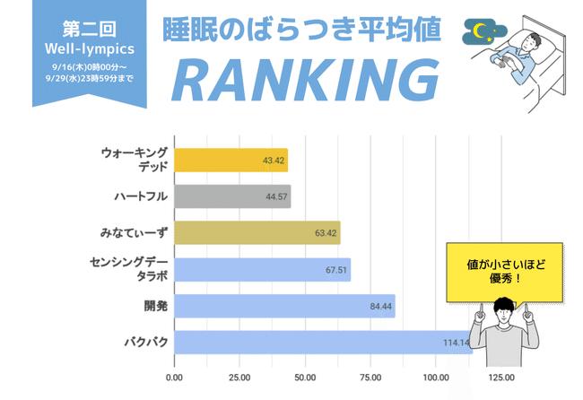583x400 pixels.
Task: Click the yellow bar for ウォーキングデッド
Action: point(231,161)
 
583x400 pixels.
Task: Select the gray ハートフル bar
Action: point(232,196)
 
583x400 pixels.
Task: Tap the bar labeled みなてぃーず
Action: point(257,233)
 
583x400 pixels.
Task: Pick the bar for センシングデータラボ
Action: point(262,270)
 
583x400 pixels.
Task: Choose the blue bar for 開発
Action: point(284,307)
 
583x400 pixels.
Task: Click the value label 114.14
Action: point(456,343)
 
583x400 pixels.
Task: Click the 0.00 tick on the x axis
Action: point(174,378)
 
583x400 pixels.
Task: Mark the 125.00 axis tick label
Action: point(500,378)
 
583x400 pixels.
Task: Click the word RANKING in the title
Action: point(298,80)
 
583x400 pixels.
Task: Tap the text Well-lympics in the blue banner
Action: point(89,47)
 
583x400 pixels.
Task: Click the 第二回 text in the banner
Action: point(89,26)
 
